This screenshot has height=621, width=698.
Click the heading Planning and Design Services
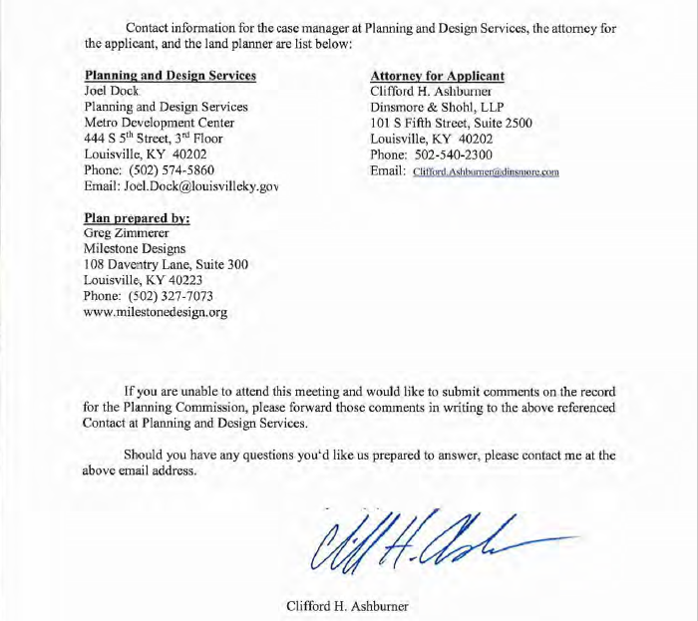171,76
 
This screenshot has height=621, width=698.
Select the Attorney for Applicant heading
437,76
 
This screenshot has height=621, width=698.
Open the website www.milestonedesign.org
156,312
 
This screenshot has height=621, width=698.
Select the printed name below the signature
348,605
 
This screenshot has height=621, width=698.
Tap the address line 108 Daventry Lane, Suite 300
167,264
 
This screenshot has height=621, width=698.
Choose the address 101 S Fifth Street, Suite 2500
451,123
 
